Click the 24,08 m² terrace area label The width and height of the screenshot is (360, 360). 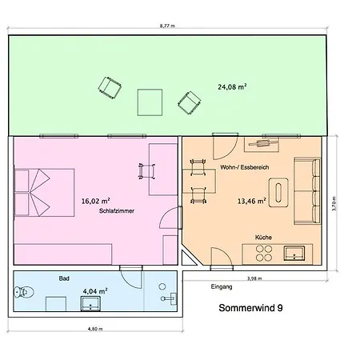click(x=232, y=87)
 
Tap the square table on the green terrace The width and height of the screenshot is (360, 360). click(x=150, y=102)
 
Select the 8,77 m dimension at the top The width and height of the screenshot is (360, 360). click(x=167, y=26)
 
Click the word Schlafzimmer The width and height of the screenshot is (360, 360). click(x=117, y=211)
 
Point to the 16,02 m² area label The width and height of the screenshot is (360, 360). click(x=95, y=201)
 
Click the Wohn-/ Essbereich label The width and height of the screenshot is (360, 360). click(x=245, y=167)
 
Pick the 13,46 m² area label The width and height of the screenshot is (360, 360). click(x=252, y=201)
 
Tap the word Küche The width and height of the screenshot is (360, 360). click(x=263, y=238)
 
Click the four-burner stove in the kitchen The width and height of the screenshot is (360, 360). click(x=264, y=253)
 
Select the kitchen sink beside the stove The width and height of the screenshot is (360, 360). click(x=294, y=253)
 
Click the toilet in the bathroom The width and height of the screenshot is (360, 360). click(x=24, y=292)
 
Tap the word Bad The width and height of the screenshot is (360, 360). click(x=64, y=278)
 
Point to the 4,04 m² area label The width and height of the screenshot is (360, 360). click(x=95, y=291)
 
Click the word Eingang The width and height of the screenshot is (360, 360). click(x=222, y=287)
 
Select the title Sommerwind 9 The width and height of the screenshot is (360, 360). click(x=250, y=308)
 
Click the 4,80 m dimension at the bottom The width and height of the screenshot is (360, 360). click(x=95, y=329)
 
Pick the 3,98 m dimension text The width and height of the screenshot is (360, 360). click(x=254, y=278)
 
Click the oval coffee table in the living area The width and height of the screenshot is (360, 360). click(x=278, y=193)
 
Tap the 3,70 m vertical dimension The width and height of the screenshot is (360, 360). click(x=334, y=204)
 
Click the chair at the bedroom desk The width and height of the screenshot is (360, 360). click(x=146, y=171)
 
